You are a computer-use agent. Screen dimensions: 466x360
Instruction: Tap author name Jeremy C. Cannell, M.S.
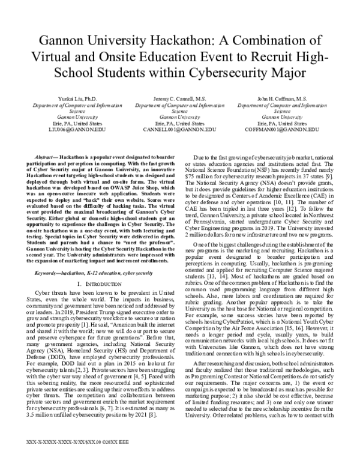[x=179, y=98]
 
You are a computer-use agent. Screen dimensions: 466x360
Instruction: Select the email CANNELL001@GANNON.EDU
[x=179, y=128]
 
